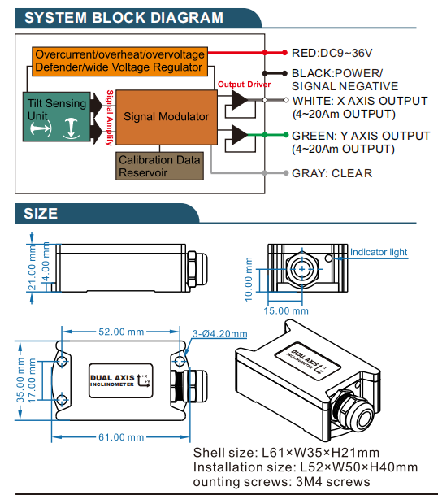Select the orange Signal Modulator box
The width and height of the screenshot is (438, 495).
[x=166, y=117]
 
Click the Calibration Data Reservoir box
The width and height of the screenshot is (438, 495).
[x=159, y=166]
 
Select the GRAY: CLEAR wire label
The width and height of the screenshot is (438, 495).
[x=332, y=173]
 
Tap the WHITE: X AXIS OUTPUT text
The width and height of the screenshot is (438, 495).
[x=359, y=101]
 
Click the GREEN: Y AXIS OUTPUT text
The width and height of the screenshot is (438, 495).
[x=361, y=136]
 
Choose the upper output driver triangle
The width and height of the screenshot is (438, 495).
[x=240, y=100]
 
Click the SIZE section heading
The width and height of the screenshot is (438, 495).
[x=40, y=213]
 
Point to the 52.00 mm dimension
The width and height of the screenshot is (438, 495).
[x=122, y=332]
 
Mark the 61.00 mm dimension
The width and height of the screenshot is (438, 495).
[x=122, y=436]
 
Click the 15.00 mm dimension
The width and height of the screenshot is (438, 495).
[x=288, y=310]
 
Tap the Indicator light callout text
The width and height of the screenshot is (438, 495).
[x=378, y=252]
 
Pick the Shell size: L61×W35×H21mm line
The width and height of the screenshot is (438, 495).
[x=286, y=453]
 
